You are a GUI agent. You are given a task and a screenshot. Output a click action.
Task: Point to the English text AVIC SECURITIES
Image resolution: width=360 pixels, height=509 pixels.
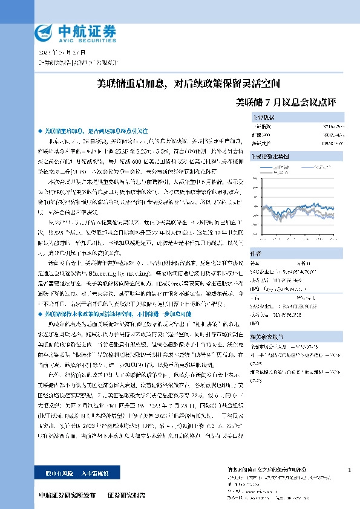[x=78, y=39]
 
